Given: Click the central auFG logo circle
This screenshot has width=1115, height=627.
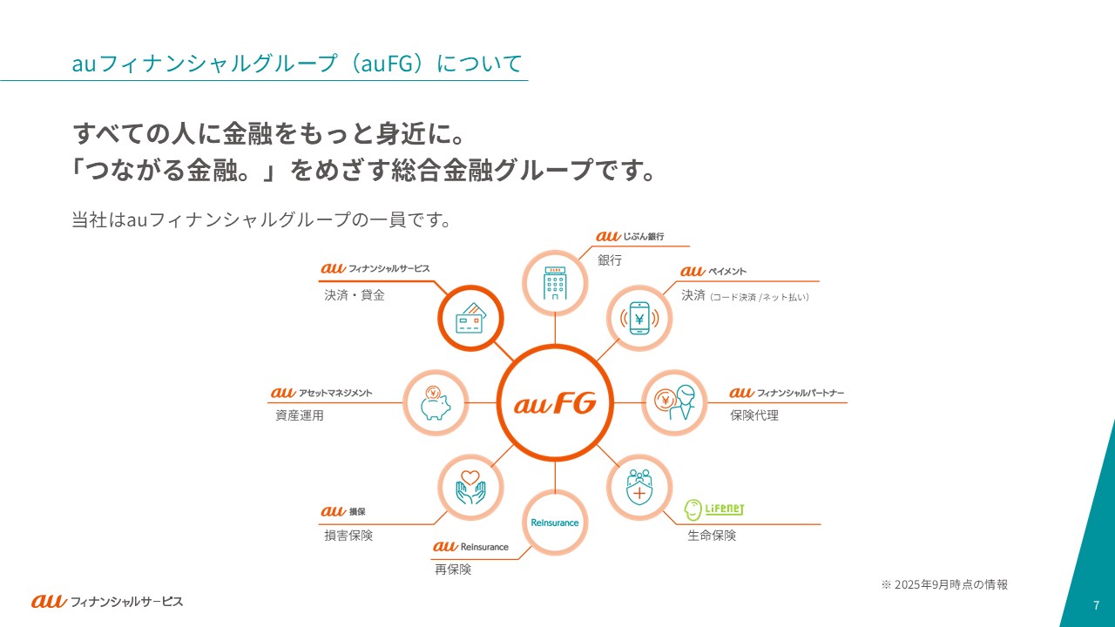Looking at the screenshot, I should tap(555, 402).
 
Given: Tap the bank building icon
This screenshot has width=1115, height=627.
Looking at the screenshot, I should tap(555, 281).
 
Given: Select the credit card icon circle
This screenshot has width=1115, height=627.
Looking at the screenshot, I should tap(470, 319).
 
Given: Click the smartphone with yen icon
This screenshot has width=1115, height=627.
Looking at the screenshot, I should tap(639, 319).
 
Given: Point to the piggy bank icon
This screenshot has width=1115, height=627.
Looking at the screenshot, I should tap(435, 402).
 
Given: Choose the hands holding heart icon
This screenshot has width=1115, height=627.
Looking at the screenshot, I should tap(470, 486).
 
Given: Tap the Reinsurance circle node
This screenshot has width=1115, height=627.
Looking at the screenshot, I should tap(555, 522).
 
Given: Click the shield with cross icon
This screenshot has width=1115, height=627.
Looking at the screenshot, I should tap(639, 486).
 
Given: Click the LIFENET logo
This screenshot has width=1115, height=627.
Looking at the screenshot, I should tap(714, 509).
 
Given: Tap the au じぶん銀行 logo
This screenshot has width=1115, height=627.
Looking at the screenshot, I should tap(630, 236).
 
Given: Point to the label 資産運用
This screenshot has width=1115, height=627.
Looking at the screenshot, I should tap(299, 415).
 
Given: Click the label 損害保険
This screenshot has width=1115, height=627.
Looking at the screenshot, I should tap(348, 536).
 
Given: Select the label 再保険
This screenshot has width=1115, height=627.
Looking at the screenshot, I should tap(453, 570).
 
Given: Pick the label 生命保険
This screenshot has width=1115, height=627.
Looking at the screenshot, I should tap(712, 536).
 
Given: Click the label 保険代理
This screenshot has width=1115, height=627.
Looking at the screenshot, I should tap(754, 415).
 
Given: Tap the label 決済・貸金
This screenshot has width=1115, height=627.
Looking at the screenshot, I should tap(354, 295).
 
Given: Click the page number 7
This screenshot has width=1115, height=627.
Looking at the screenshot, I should tap(1096, 604).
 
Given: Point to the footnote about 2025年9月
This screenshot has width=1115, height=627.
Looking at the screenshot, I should tap(944, 584).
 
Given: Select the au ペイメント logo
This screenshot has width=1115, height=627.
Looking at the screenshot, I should tap(713, 272).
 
